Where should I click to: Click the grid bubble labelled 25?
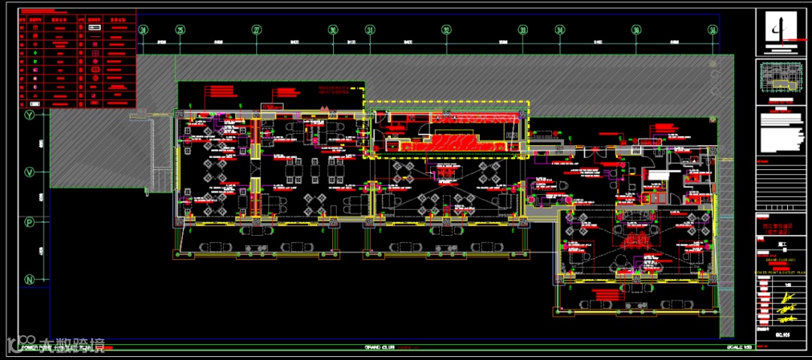[180, 30]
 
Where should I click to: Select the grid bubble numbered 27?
[256, 30]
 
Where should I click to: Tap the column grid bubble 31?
[370, 30]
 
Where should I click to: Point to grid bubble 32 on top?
[447, 30]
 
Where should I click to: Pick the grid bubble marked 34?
[560, 30]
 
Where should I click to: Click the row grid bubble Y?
[30, 115]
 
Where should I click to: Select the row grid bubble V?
[30, 172]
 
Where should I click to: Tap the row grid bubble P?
[30, 222]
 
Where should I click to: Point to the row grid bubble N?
[30, 280]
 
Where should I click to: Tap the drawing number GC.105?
[782, 335]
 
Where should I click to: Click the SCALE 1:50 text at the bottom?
[739, 348]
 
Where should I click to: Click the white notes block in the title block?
[782, 135]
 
